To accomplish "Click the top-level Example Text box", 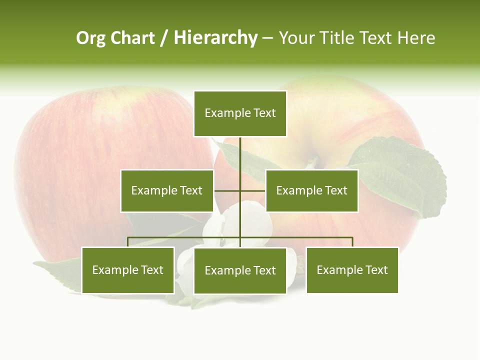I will [x=240, y=113].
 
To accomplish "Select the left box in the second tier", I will [x=167, y=190].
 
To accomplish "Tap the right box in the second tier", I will [x=311, y=190].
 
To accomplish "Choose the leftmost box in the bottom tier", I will [x=128, y=270].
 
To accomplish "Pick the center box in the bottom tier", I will [x=240, y=270].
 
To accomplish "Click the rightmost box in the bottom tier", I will [x=352, y=270].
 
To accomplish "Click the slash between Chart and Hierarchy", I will [x=164, y=38].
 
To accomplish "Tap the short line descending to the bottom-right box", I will [x=352, y=242].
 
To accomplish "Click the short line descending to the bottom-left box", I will [x=128, y=242].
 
